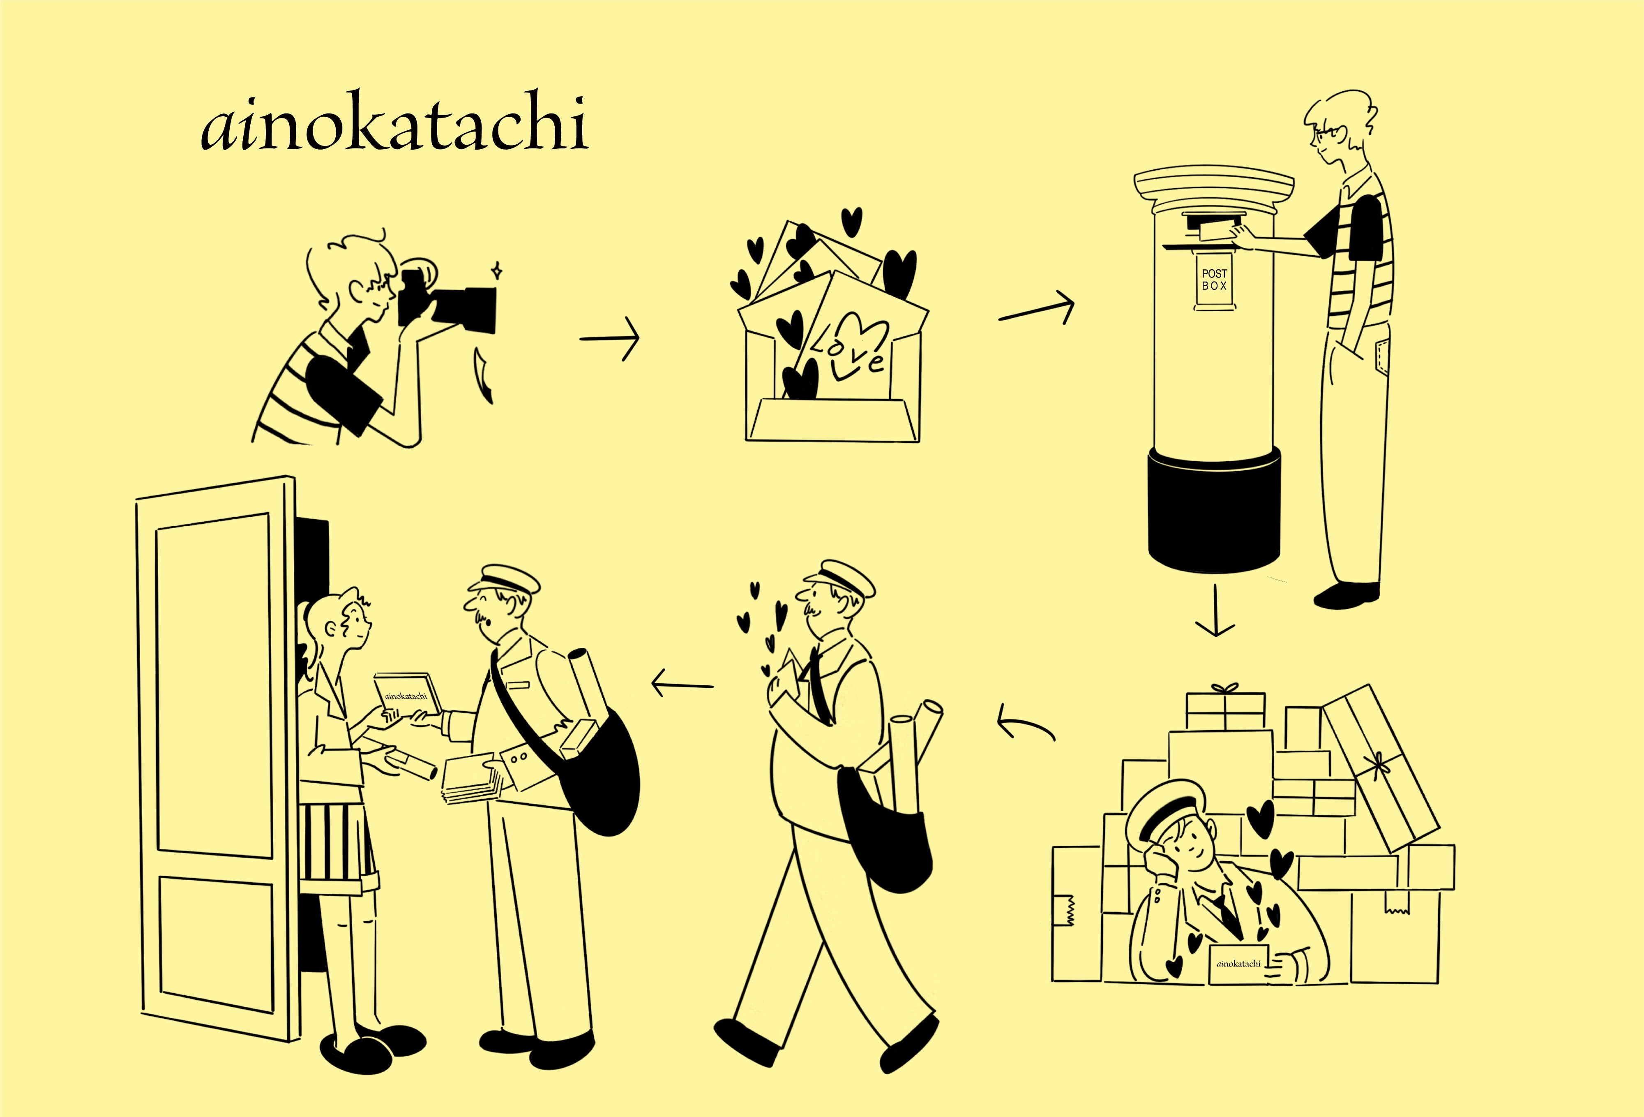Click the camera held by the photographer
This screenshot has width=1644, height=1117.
pyautogui.click(x=453, y=304)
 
